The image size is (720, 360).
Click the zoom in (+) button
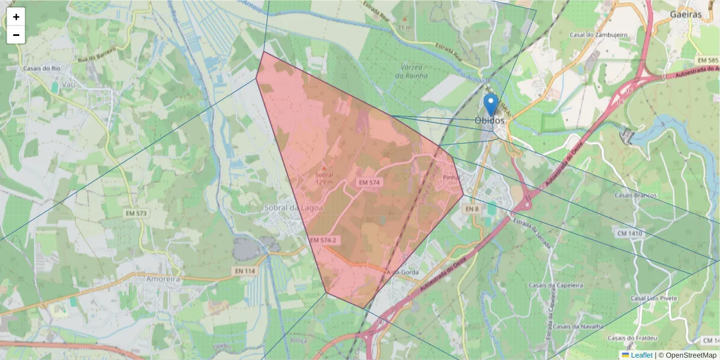click(x=16, y=17)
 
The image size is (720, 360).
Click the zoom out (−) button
click(x=16, y=35)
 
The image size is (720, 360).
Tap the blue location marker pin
click(x=491, y=104)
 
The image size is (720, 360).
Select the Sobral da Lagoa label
click(x=293, y=208)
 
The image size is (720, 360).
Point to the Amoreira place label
click(x=164, y=279)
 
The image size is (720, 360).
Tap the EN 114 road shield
click(x=245, y=272)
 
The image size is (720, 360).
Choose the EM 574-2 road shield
click(x=323, y=240)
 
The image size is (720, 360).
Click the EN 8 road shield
click(x=472, y=208)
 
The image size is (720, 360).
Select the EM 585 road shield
click(x=708, y=61)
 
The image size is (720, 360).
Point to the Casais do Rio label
click(x=42, y=68)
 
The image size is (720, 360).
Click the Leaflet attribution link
click(x=641, y=355)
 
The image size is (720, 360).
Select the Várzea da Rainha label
click(x=412, y=71)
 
